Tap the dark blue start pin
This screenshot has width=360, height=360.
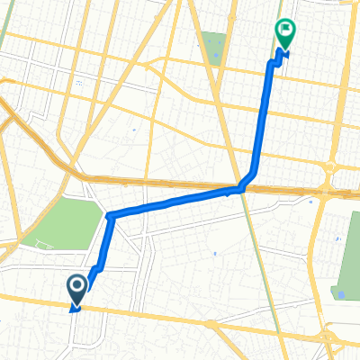coord(76,289)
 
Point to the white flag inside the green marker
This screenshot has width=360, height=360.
coord(286,31)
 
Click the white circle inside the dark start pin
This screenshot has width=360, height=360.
coord(76,285)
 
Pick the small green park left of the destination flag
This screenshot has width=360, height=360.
coord(214,47)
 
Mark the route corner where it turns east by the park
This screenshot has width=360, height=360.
coord(109,216)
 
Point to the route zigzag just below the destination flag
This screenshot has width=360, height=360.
coord(274,62)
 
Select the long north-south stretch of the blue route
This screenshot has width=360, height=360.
coord(263,117)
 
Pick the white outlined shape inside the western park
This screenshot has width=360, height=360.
coord(40,246)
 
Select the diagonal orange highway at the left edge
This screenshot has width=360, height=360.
coord(27,126)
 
